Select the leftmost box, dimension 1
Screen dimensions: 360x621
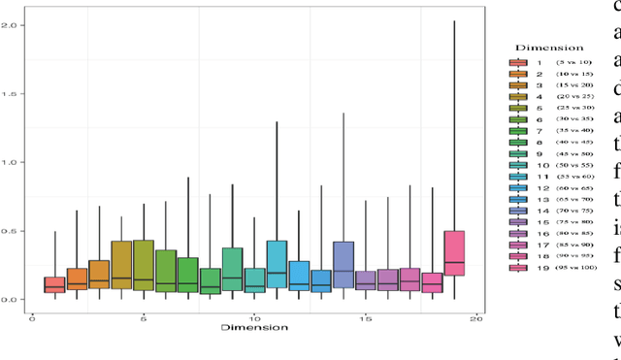54,284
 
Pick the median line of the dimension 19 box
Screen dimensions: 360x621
454,263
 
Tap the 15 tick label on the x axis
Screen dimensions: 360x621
365,317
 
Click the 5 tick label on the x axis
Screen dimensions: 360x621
144,317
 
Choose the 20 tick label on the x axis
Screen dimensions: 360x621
476,317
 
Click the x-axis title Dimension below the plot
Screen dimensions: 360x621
254,328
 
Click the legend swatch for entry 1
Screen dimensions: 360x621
519,62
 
